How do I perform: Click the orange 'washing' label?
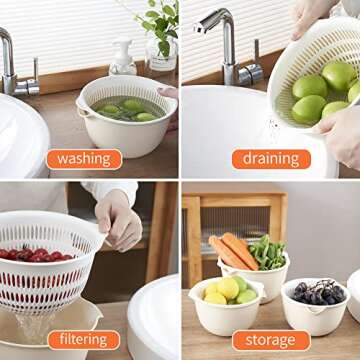click(83, 158)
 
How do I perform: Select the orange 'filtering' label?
click(82, 340)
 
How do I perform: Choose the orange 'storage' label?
click(270, 340)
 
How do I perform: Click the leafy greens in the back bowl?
click(268, 252)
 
